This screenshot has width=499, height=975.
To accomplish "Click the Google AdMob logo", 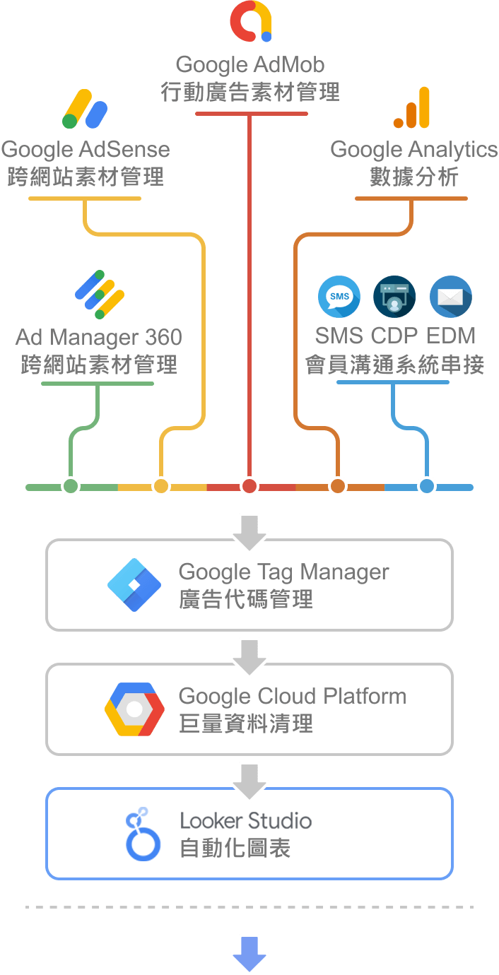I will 251,22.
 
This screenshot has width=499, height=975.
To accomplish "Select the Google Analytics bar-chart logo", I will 412,108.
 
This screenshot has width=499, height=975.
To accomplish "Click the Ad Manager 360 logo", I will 100,294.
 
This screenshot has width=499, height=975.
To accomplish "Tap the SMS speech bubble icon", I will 339,297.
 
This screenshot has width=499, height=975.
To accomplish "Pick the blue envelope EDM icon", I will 451,297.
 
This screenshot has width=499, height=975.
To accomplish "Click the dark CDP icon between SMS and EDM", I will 394,297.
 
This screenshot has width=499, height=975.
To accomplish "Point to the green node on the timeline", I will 70,486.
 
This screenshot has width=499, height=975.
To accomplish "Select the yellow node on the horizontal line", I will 161,486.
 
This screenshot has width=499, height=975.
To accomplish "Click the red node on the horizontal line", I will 249,486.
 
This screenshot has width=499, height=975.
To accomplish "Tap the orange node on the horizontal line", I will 338,486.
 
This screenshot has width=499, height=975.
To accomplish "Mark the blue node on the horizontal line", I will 426,486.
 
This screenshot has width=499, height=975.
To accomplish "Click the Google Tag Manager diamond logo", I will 135,585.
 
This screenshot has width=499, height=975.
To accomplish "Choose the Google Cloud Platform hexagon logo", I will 135,709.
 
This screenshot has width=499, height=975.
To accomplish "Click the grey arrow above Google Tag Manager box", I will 249,533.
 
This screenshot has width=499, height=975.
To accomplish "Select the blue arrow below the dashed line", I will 249,954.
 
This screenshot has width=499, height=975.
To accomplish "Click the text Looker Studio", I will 245,821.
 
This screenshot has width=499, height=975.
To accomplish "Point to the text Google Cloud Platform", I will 293,696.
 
